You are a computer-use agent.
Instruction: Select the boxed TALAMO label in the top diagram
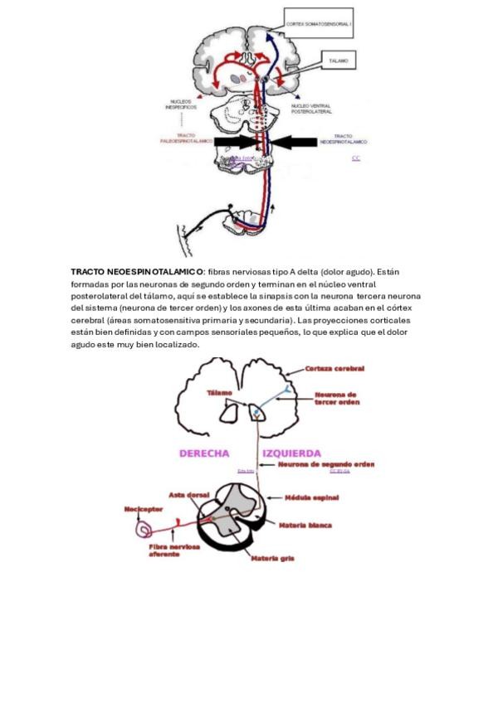339,61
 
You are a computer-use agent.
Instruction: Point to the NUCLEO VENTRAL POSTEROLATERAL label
311,109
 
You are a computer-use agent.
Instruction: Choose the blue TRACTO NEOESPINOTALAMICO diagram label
349,138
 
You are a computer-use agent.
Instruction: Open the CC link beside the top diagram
356,158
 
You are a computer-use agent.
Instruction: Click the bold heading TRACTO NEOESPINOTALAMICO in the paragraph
137,271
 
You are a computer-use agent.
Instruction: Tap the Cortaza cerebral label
334,369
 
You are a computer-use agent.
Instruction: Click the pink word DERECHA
204,453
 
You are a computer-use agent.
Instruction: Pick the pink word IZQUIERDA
292,453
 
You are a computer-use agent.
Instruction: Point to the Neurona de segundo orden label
327,464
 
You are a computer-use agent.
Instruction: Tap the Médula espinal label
310,500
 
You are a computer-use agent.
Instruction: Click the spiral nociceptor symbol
146,527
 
